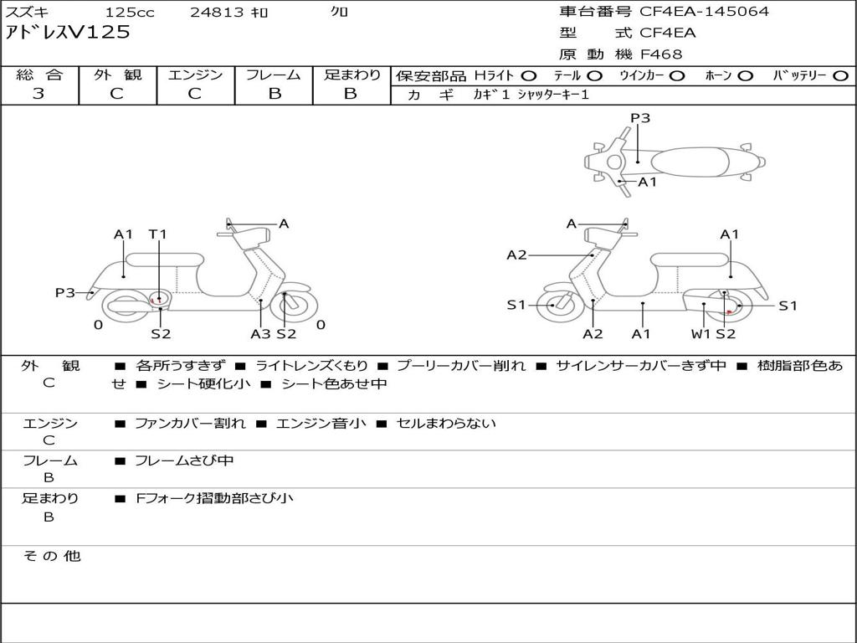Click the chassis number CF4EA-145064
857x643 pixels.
coord(704,12)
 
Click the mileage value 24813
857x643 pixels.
coord(217,13)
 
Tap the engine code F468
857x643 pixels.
coord(661,54)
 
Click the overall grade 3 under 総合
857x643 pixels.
coord(38,94)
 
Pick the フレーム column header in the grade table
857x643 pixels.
coord(275,75)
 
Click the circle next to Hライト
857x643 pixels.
coord(528,75)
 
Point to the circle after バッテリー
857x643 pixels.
coord(839,75)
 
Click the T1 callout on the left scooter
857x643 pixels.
coord(158,234)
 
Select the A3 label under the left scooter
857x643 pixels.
coord(260,333)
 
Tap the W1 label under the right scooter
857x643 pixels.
coord(700,333)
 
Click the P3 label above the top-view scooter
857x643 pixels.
coord(640,118)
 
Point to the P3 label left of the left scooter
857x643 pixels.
coord(65,292)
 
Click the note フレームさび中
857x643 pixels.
coord(184,460)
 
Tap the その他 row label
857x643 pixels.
coord(51,556)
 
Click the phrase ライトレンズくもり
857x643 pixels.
coord(311,366)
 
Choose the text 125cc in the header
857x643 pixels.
coord(130,13)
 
